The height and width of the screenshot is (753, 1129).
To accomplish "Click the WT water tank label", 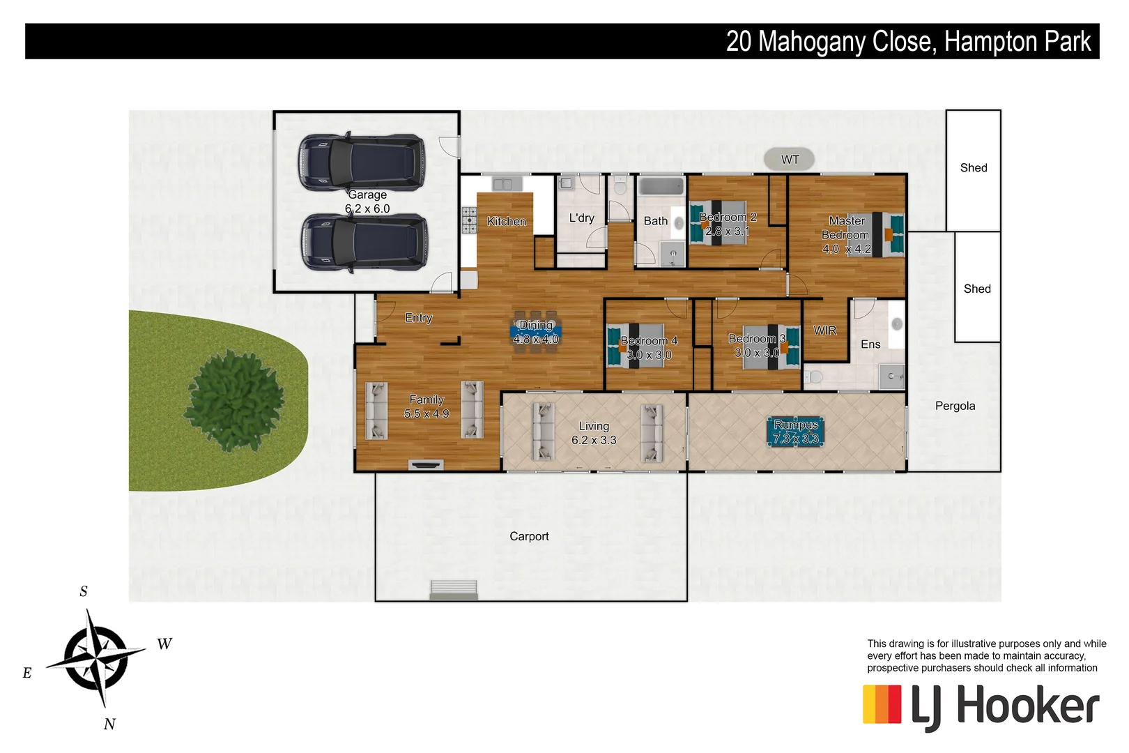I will (x=790, y=160).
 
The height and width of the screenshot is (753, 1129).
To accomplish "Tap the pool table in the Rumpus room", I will (x=795, y=432).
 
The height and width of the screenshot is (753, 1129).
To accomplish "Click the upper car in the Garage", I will (x=362, y=162).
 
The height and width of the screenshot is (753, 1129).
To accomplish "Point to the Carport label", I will (x=529, y=536).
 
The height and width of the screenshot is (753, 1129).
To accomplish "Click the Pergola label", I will (x=955, y=406).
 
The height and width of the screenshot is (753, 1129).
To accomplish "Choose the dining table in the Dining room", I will (x=536, y=332).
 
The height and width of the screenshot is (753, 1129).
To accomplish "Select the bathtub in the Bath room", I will (x=661, y=187).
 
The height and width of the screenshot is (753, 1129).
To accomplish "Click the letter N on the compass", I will (x=109, y=724).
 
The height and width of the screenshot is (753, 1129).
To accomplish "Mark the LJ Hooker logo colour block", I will (x=882, y=704).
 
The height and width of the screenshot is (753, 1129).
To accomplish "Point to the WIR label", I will (x=825, y=330).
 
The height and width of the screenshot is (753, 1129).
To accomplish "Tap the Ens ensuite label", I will (x=870, y=344).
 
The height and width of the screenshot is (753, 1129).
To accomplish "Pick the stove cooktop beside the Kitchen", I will (x=469, y=220).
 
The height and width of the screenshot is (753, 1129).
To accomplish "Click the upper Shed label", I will (x=974, y=168).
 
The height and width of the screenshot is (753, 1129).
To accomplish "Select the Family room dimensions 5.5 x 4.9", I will (x=427, y=413).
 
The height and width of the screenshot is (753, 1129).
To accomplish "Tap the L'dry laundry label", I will (x=582, y=218).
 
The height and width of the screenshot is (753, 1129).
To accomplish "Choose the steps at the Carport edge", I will (x=454, y=589).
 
